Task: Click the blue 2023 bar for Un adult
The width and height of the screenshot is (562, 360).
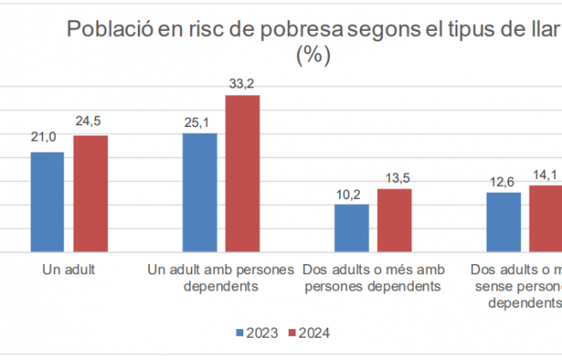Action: pos(47,202)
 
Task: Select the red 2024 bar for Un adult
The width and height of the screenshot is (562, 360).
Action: pos(90,194)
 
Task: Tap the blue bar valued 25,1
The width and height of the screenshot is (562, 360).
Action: pos(199,193)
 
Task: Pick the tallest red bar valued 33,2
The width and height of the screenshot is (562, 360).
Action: pos(242,174)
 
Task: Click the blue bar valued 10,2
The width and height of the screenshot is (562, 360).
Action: pos(351,228)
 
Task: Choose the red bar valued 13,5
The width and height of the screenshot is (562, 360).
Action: pos(394,220)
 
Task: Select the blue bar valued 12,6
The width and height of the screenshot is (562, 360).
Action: pos(503,222)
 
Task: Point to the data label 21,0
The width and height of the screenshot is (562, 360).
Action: pos(44,137)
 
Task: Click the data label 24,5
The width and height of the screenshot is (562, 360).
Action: pos(89,121)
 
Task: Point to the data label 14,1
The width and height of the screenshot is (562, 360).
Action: pos(545,175)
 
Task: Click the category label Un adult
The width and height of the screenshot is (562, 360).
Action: pos(69,270)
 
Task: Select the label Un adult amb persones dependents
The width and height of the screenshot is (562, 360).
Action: pos(221,278)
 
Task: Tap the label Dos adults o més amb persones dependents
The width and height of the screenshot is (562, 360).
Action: pos(373,278)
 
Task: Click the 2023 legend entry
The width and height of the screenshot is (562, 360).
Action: pos(256,333)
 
